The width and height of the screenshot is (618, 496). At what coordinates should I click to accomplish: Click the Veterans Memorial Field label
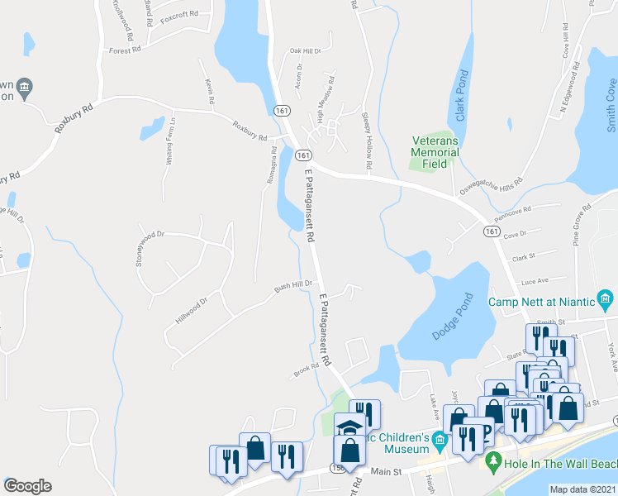(435, 152)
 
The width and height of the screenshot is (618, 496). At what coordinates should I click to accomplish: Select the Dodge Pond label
(452, 317)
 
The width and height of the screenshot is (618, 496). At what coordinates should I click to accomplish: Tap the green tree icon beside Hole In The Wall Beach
(493, 460)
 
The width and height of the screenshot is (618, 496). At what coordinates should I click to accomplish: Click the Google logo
(27, 486)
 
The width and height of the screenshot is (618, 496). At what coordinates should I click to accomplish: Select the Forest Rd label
(125, 50)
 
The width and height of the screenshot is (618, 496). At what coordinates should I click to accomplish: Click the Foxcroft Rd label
(180, 15)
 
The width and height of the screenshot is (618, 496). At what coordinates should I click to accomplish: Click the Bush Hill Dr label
(294, 286)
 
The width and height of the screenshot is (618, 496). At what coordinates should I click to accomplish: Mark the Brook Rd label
(306, 371)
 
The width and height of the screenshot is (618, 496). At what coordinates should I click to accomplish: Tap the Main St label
(385, 472)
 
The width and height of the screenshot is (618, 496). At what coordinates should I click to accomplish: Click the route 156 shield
(337, 468)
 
